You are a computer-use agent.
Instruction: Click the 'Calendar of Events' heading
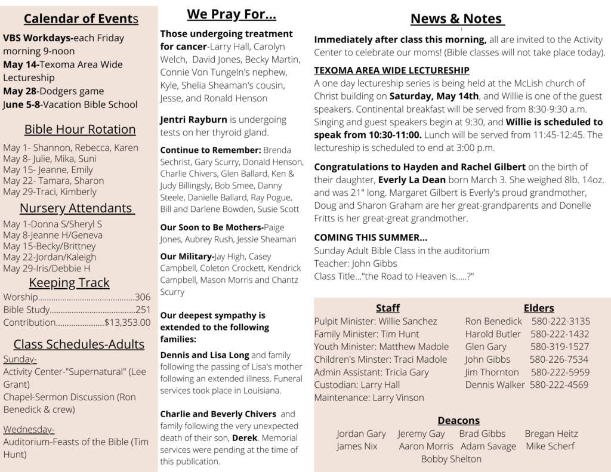81,19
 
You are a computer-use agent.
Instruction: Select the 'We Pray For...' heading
232,14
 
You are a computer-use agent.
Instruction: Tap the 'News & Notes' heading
457,19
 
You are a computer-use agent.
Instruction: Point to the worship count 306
143,297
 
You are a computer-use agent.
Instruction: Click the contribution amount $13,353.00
127,323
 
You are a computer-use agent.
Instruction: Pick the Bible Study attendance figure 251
143,310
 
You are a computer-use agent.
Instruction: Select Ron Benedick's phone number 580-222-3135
561,321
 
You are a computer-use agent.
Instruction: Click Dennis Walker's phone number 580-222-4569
559,385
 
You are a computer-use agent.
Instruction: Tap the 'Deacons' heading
458,421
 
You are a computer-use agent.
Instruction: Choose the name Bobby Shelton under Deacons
451,459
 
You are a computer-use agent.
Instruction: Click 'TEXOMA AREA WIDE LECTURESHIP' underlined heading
391,70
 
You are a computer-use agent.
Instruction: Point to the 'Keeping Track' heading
69,282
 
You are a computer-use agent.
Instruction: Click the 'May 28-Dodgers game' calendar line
54,91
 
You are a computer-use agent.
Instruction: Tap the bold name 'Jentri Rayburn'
194,119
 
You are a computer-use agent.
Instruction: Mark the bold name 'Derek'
245,438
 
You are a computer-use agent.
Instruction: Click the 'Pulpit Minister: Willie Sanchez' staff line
375,321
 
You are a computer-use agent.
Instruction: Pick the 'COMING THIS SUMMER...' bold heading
371,237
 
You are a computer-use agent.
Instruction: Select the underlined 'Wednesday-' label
29,429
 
